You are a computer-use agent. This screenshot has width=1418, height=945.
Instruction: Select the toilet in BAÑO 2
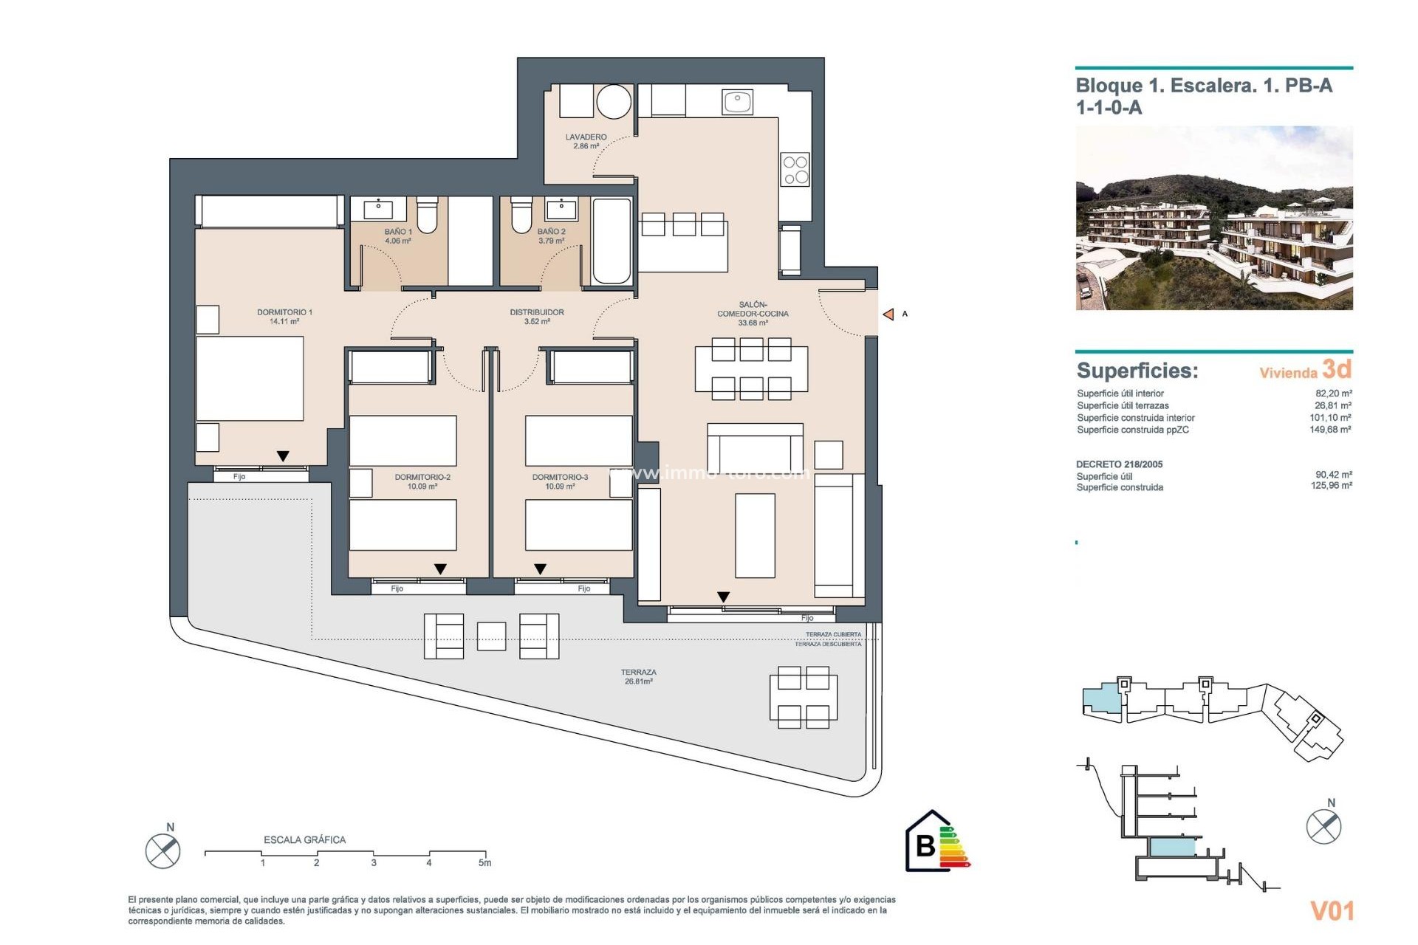click(x=521, y=213)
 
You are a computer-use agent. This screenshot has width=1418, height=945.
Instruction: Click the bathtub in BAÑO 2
click(x=612, y=241)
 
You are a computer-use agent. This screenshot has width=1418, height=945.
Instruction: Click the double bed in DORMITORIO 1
click(x=250, y=379)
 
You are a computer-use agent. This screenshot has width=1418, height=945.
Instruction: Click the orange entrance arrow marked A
click(x=888, y=315)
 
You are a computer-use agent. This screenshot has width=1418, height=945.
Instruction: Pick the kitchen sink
click(x=737, y=102)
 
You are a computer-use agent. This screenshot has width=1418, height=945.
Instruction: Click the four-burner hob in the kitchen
click(x=795, y=170)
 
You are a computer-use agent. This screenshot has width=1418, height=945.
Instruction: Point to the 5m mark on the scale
click(x=484, y=862)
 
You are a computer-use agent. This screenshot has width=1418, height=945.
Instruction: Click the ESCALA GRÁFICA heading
click(x=304, y=839)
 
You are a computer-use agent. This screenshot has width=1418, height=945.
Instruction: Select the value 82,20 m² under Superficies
click(x=1333, y=394)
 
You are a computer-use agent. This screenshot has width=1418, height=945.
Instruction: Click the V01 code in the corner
click(x=1332, y=911)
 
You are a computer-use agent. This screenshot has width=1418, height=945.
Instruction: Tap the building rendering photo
click(x=1213, y=218)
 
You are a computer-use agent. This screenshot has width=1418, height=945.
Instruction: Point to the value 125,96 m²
click(x=1331, y=486)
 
